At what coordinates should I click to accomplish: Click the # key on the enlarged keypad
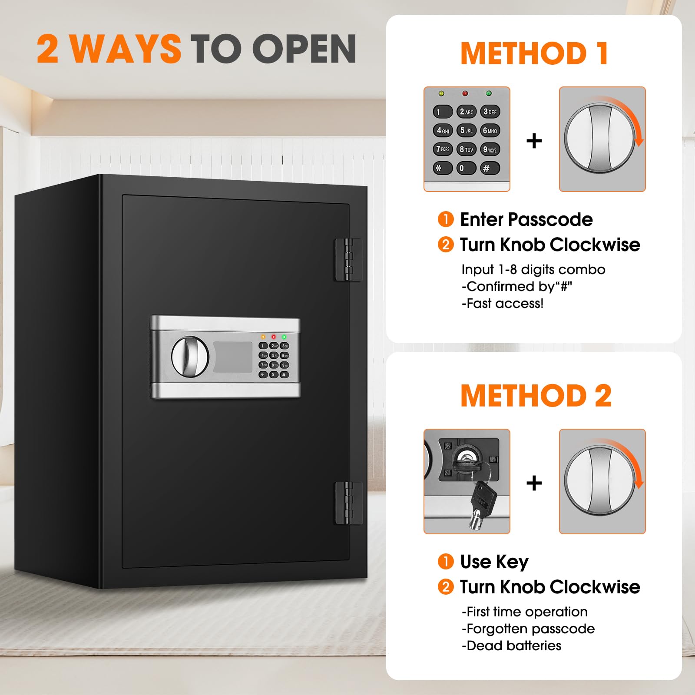490,168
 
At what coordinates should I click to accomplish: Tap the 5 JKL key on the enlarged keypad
466,130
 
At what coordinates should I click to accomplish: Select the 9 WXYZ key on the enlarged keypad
490,149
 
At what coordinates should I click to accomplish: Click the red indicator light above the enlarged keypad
465,93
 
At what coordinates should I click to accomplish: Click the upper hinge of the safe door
348,259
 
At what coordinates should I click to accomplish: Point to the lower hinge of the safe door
348,503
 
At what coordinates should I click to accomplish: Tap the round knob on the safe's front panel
190,356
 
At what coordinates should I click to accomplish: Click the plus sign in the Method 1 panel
534,141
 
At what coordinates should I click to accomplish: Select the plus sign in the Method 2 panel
534,483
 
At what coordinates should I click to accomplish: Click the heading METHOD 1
534,53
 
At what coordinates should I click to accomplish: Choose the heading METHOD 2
536,396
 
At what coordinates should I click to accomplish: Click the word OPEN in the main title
304,49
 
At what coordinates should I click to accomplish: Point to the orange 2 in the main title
48,49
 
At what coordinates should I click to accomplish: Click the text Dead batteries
511,645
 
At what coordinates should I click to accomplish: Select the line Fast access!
503,303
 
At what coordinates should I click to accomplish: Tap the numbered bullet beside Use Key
445,561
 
